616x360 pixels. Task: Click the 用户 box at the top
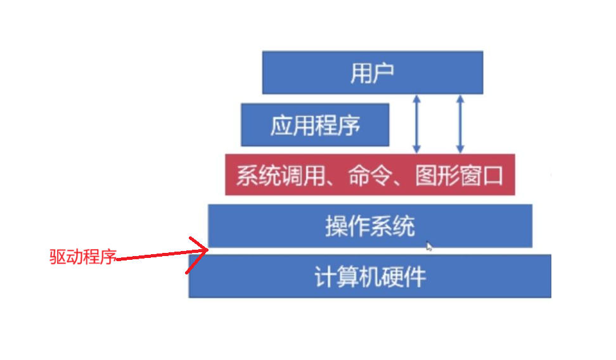click(373, 72)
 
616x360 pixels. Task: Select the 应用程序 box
click(315, 125)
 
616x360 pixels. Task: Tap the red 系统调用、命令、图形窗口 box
click(369, 174)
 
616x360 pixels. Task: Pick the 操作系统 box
click(370, 226)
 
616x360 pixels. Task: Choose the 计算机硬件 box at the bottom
click(369, 276)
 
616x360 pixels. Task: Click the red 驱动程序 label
click(83, 257)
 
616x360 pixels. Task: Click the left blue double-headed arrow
click(416, 124)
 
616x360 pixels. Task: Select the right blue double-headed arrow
click(460, 124)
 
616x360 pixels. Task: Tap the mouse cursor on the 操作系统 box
click(430, 246)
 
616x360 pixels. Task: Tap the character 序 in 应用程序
click(349, 125)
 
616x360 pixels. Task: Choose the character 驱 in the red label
click(58, 257)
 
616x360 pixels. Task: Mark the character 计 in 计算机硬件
click(326, 277)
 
